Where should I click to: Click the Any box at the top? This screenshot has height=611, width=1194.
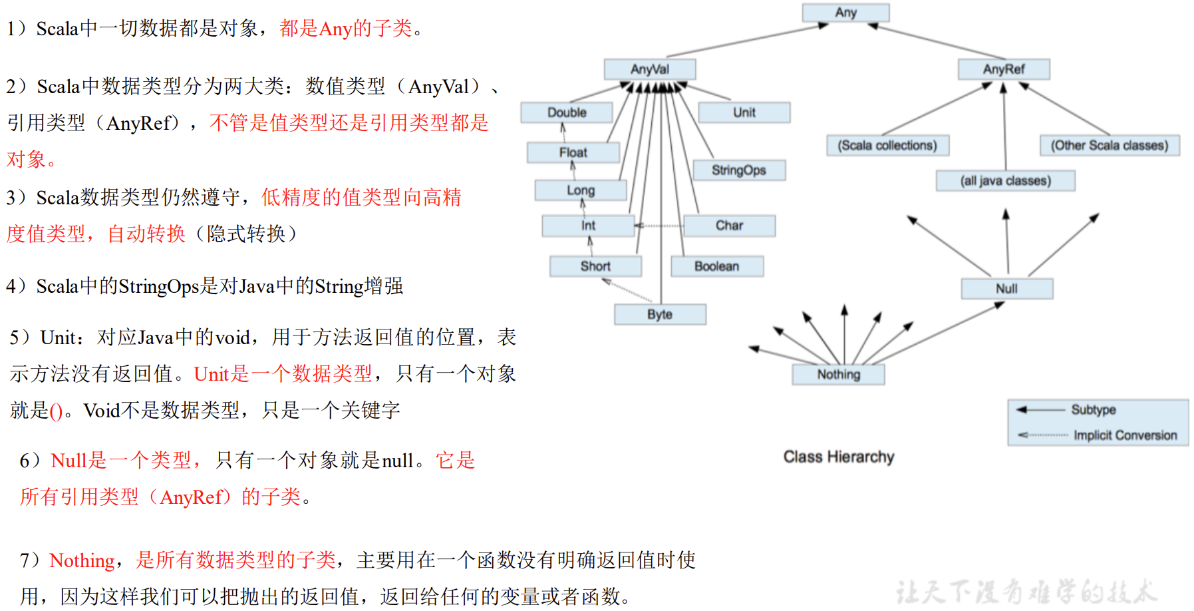(x=845, y=13)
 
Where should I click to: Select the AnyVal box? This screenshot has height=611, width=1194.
(x=650, y=69)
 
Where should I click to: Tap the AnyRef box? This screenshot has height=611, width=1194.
(x=1004, y=69)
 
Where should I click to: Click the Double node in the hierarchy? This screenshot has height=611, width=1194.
(x=567, y=112)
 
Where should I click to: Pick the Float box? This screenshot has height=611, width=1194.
(x=573, y=152)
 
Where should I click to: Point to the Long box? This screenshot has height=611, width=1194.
(x=581, y=190)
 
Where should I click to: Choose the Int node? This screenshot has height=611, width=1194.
(x=588, y=226)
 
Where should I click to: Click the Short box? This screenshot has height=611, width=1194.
(x=595, y=266)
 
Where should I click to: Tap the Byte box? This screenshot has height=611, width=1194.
(x=660, y=314)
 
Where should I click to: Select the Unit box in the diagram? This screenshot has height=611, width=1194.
(x=744, y=112)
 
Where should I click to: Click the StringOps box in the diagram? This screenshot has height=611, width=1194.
(x=739, y=170)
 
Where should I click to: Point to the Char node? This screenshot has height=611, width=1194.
(x=729, y=226)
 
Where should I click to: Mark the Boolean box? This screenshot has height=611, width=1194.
(x=717, y=266)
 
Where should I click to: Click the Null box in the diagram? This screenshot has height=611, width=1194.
(x=1006, y=289)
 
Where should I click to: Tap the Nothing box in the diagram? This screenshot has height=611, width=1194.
(x=838, y=375)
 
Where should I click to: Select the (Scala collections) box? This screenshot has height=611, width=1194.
(x=887, y=146)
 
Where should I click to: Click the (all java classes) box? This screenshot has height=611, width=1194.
(x=1005, y=181)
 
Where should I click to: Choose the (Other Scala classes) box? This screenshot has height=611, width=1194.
(x=1110, y=146)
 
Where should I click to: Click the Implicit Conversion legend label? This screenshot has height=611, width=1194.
(x=1125, y=435)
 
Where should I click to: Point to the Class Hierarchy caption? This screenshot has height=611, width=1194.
(x=839, y=457)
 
